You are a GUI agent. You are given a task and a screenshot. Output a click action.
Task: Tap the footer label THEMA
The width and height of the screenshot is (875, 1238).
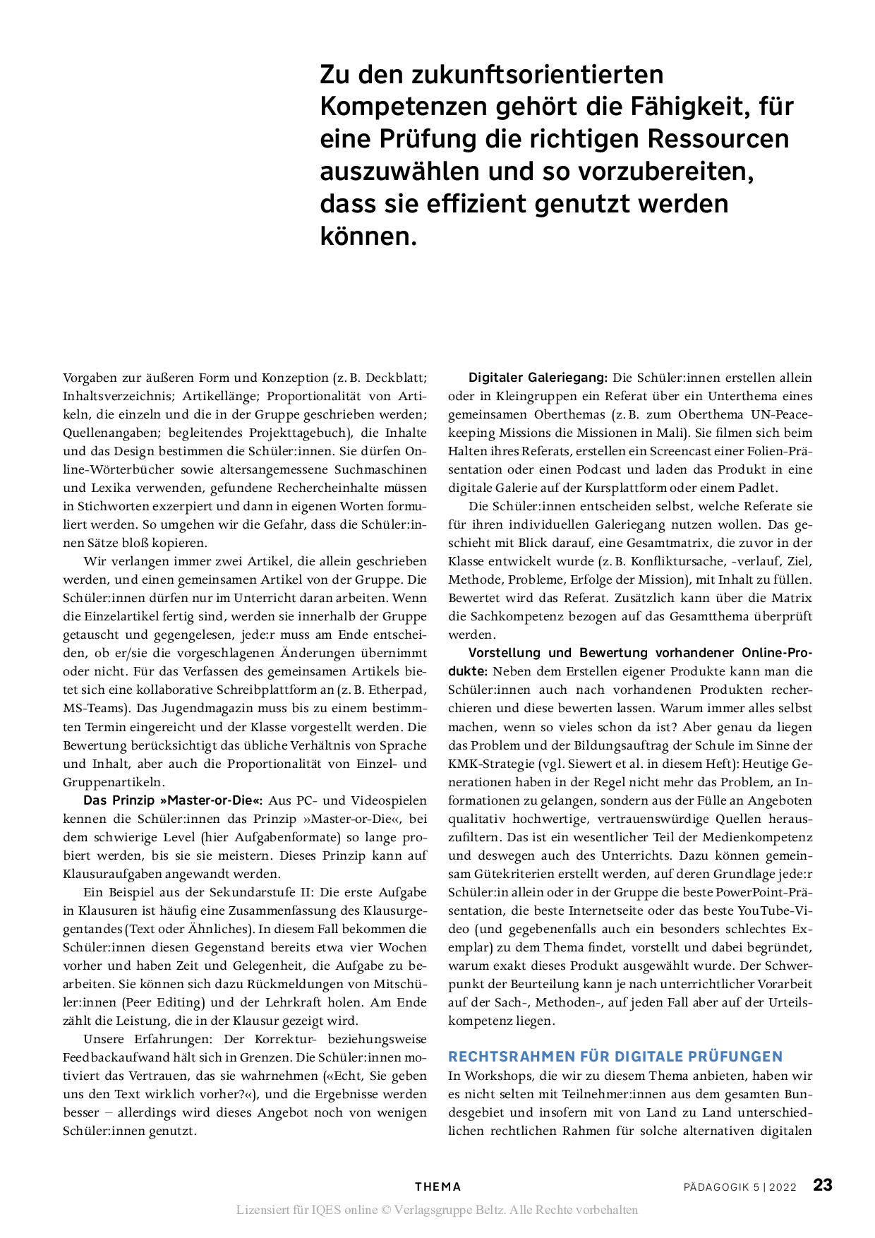pos(437,1187)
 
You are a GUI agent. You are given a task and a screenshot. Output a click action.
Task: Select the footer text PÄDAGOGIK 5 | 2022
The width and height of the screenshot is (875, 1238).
pos(740,1187)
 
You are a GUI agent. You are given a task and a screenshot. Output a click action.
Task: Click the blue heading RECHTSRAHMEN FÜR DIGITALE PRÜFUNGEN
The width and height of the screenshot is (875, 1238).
pos(615,1057)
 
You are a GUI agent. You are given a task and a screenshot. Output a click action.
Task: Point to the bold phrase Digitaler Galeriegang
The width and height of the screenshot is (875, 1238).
pos(538,378)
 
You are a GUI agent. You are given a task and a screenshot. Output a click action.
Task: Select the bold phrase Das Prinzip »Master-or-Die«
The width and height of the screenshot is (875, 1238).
pos(173,800)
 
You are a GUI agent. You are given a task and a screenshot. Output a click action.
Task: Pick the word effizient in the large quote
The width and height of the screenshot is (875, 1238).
pos(475,203)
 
